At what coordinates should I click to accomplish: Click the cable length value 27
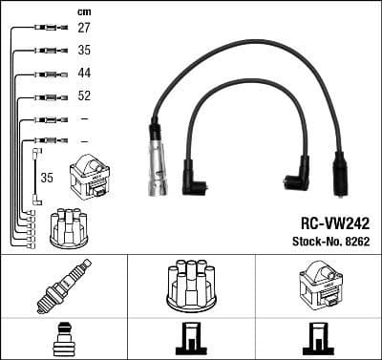pyautogui.click(x=83, y=30)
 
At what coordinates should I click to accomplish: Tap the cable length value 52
pyautogui.click(x=83, y=96)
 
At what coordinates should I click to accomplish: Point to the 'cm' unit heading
pyautogui.click(x=83, y=11)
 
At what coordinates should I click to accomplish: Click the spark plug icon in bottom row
pyautogui.click(x=63, y=284)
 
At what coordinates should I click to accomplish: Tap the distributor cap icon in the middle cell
pyautogui.click(x=190, y=284)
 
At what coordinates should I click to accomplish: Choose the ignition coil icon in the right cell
pyautogui.click(x=316, y=284)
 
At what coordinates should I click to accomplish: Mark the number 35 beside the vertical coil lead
pyautogui.click(x=46, y=177)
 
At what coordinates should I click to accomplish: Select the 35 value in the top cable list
pyautogui.click(x=83, y=52)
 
